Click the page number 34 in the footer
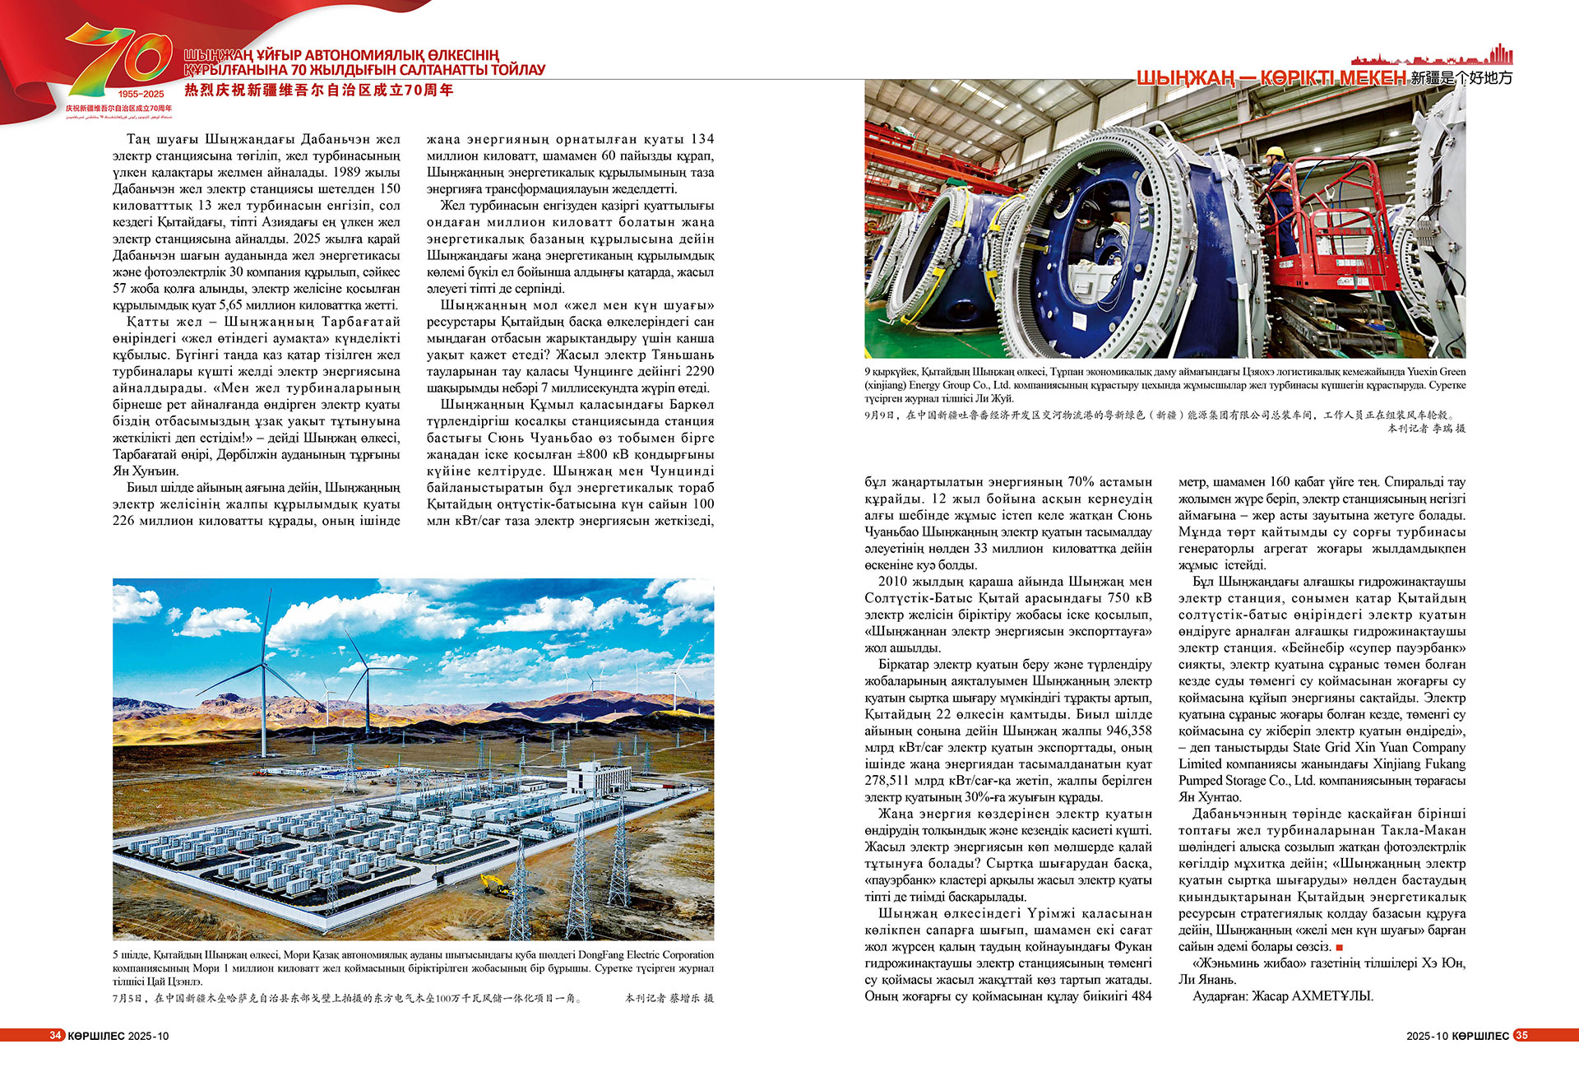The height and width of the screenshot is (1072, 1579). pyautogui.click(x=55, y=1035)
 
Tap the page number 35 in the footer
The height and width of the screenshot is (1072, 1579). pyautogui.click(x=1521, y=1035)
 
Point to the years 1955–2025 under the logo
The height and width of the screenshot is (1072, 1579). pyautogui.click(x=141, y=94)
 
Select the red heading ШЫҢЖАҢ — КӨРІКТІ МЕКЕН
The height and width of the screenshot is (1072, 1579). pyautogui.click(x=1271, y=78)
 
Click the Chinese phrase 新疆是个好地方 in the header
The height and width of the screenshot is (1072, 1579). pyautogui.click(x=1461, y=78)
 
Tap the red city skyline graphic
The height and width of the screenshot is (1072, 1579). pyautogui.click(x=1431, y=57)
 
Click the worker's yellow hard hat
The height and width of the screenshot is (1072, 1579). pyautogui.click(x=1275, y=152)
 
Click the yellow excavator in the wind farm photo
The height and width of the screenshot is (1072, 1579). pyautogui.click(x=495, y=884)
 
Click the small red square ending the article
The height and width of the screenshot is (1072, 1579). pyautogui.click(x=1340, y=948)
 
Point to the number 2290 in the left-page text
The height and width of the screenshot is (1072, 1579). pyautogui.click(x=699, y=371)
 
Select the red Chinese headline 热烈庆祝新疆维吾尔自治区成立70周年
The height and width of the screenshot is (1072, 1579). pyautogui.click(x=319, y=90)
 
